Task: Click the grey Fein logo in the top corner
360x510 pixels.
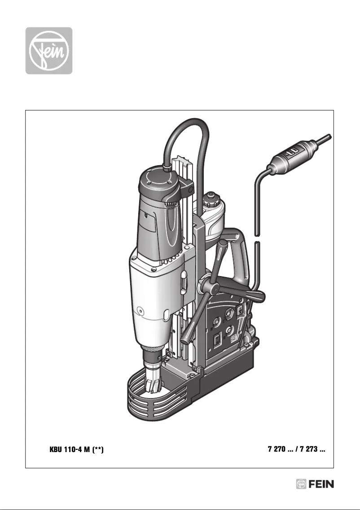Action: (48, 50)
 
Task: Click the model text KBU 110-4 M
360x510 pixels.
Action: (70, 449)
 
